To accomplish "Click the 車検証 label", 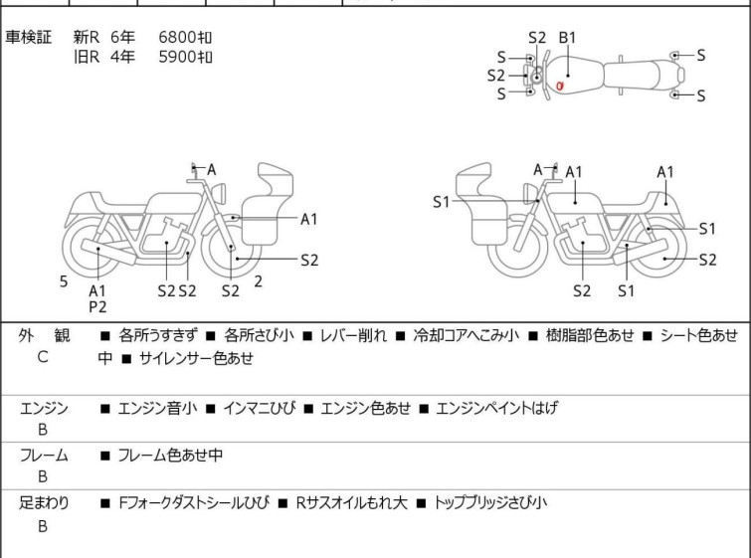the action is (28, 37).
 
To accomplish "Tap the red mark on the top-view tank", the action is (559, 87).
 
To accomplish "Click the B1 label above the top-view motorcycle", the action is (568, 38).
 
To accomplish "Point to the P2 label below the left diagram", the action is (97, 307).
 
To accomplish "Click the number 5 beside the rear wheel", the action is (64, 281).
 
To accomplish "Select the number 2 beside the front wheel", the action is (259, 281).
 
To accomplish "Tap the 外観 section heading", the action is (44, 335).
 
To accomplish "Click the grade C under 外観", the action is (43, 357).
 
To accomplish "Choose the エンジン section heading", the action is (44, 408).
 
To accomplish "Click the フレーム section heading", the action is (44, 455).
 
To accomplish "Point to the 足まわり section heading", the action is (44, 502).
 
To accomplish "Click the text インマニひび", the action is (259, 408).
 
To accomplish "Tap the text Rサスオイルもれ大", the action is (351, 502).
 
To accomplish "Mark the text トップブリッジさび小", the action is (489, 502).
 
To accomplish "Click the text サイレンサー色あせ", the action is (196, 358).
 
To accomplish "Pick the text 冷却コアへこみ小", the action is (467, 335).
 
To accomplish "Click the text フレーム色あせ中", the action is (170, 455).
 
